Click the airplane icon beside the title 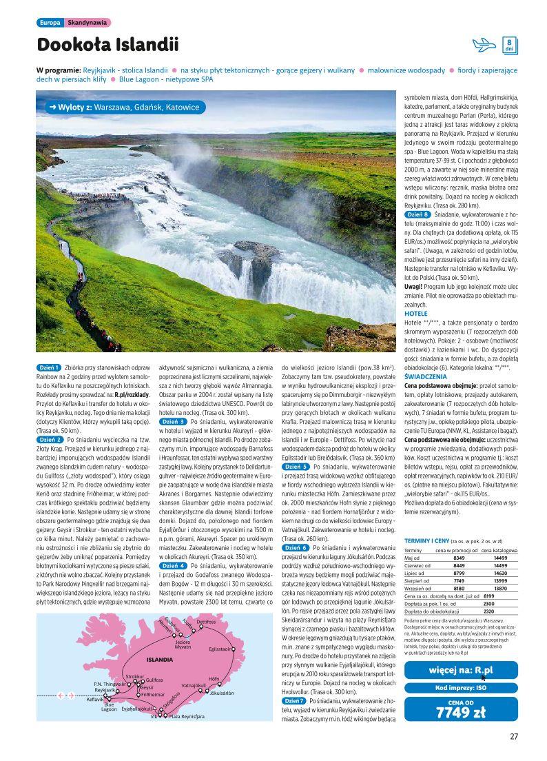pyautogui.click(x=484, y=45)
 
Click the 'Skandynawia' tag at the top pyautogui.click(x=87, y=23)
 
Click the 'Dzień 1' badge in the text pyautogui.click(x=49, y=367)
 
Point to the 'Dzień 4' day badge pyautogui.click(x=172, y=565)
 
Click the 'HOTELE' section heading pyautogui.click(x=415, y=314)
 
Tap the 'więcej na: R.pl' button pyautogui.click(x=461, y=670)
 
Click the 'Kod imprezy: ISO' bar pyautogui.click(x=461, y=688)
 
